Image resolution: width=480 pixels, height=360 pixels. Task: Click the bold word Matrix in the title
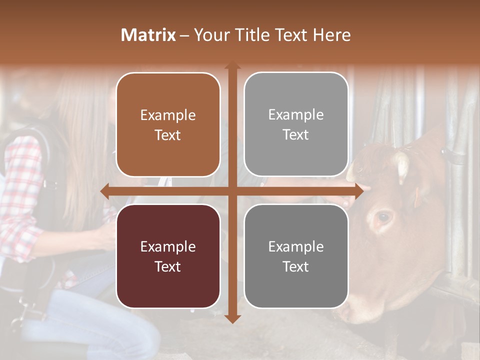148,35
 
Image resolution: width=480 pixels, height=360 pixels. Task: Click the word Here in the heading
331,35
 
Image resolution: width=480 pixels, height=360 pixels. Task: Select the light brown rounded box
168,124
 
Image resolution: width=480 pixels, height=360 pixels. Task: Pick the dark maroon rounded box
168,256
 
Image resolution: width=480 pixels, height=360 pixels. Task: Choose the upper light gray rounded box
296,124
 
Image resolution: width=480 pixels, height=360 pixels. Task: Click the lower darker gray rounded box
296,256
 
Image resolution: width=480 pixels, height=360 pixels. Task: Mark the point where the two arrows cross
232,191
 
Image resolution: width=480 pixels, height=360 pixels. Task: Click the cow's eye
383,217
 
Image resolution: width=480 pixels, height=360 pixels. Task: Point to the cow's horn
401,167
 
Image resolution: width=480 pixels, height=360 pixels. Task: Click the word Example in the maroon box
168,246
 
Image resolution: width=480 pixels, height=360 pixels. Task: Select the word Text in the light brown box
168,135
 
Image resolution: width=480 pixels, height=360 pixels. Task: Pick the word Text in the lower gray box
296,266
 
